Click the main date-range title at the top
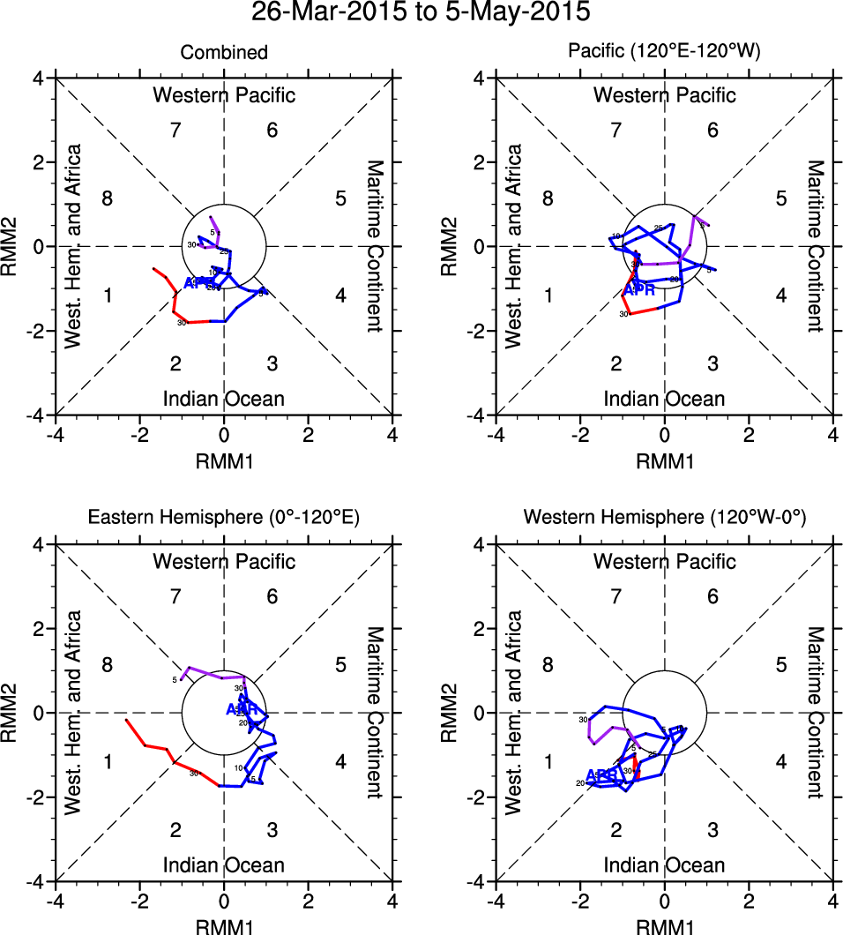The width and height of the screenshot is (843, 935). [x=421, y=13]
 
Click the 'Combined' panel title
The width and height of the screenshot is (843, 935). [x=224, y=53]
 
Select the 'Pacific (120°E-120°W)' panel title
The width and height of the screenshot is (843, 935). [x=664, y=53]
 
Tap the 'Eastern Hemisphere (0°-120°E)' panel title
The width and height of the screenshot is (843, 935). [x=224, y=520]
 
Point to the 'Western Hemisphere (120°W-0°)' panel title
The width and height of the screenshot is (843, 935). [x=664, y=520]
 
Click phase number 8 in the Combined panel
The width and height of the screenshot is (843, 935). [x=108, y=198]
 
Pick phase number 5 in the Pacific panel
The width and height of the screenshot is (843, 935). [x=780, y=198]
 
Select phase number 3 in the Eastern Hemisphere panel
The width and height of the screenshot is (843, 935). [x=272, y=830]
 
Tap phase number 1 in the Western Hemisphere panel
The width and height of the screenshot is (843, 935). [x=548, y=761]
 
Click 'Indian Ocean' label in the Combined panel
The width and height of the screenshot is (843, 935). [x=224, y=399]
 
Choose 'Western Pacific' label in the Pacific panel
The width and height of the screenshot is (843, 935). [x=664, y=95]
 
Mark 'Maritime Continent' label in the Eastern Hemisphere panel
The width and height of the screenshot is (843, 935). [x=375, y=713]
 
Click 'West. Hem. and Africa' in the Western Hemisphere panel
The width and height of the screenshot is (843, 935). [x=514, y=713]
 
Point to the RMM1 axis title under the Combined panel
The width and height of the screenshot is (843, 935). [x=224, y=460]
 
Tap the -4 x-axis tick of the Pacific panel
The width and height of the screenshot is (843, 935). [x=496, y=435]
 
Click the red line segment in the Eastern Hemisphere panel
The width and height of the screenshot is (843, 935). [x=159, y=751]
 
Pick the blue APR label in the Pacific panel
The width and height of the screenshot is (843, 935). [x=640, y=290]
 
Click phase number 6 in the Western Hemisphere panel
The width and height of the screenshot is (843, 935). [x=712, y=597]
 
